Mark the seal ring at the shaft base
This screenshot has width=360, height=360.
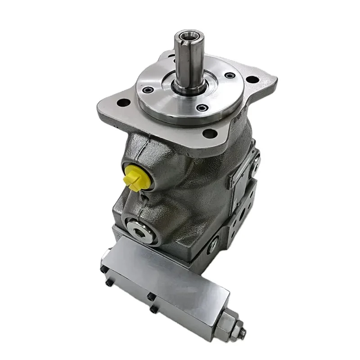189,87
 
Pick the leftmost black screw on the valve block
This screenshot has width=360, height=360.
103,269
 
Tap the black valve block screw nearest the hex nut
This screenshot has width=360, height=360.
153,309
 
